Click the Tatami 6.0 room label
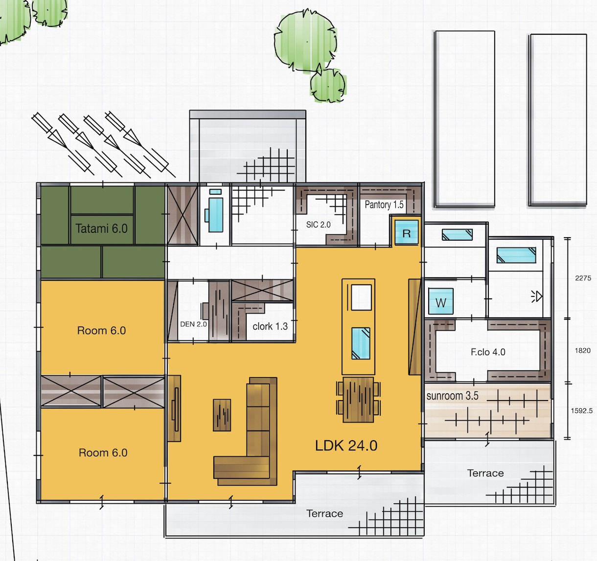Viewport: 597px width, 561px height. [x=101, y=229]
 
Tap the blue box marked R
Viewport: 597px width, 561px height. [x=407, y=232]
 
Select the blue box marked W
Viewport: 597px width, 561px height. [x=441, y=301]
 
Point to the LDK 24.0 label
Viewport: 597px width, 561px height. [x=346, y=446]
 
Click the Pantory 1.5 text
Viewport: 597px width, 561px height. [x=384, y=205]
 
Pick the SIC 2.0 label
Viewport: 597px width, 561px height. [x=319, y=224]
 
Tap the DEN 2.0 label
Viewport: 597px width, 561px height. [x=193, y=324]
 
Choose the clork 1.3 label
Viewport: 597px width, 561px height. [x=270, y=326]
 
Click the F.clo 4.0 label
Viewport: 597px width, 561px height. [x=488, y=352]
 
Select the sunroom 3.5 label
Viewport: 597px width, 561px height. [x=453, y=396]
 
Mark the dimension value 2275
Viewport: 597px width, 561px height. [x=583, y=278]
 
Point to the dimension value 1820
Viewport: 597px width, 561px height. [x=583, y=350]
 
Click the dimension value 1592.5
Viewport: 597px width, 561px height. [x=582, y=411]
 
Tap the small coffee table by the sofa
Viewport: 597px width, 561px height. [x=222, y=415]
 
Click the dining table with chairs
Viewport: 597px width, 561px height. [x=358, y=400]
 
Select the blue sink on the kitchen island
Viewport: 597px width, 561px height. [x=361, y=343]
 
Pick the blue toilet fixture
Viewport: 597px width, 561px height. [x=215, y=212]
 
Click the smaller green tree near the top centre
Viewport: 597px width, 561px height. [x=328, y=86]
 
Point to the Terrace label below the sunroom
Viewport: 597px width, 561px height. [x=485, y=473]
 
